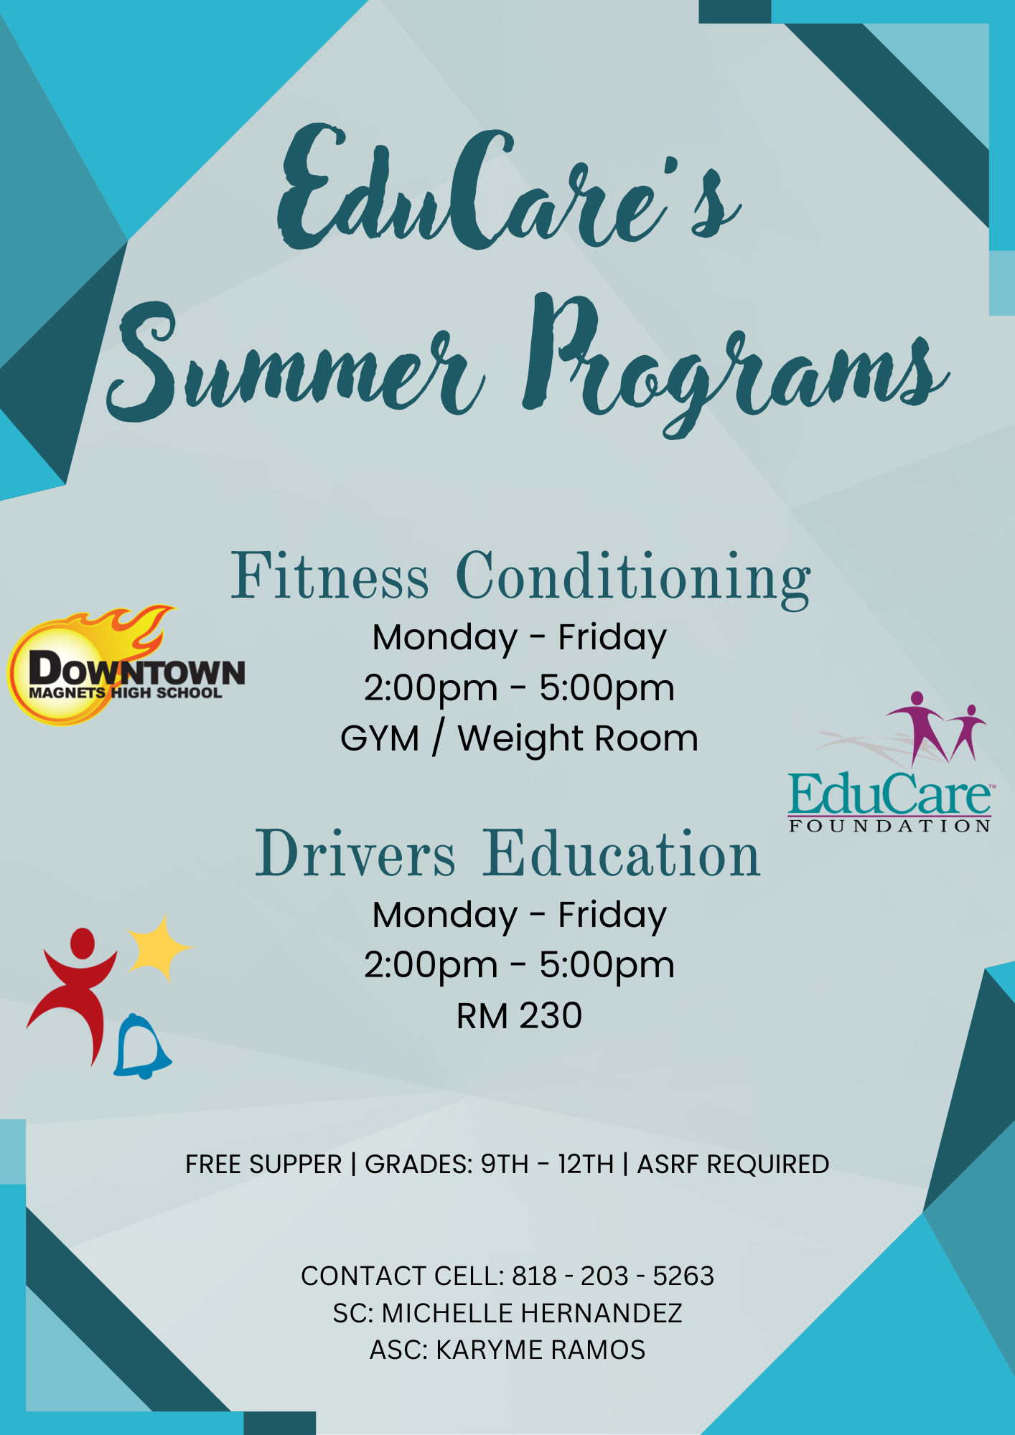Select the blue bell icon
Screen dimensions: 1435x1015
coord(141,1048)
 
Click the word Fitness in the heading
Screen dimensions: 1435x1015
coord(329,577)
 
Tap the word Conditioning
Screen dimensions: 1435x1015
coord(633,578)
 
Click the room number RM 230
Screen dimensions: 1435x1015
coord(519,1016)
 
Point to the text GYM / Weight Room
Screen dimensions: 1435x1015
coord(519,738)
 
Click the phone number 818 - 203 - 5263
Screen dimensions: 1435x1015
coord(613,1276)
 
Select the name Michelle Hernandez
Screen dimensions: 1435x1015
coord(531,1313)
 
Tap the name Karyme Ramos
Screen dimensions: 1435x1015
coord(541,1350)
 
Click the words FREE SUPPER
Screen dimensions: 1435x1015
coord(263,1165)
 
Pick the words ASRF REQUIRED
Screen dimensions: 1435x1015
coord(733,1165)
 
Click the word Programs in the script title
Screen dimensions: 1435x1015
coord(732,362)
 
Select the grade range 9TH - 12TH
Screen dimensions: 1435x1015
coord(547,1165)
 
